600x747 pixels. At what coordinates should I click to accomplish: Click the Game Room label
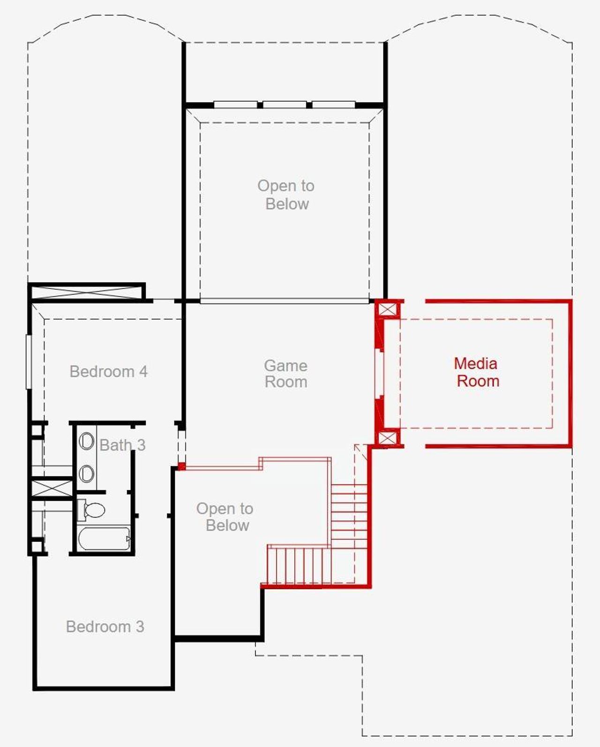(285, 373)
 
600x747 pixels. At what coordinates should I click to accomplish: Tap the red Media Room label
(477, 372)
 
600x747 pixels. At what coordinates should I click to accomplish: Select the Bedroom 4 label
(108, 372)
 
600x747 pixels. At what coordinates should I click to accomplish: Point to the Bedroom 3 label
(105, 626)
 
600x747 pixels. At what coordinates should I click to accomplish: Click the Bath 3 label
(122, 445)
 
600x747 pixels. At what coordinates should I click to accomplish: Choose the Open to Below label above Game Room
(286, 195)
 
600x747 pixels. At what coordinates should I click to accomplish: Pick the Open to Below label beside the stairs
(225, 517)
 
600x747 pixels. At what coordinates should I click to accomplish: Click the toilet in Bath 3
(93, 510)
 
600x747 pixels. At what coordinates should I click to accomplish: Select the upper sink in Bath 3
(86, 441)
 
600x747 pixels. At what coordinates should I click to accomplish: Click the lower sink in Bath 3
(86, 473)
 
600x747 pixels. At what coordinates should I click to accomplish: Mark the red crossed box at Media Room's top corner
(387, 310)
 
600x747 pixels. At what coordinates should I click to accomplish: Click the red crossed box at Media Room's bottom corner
(387, 438)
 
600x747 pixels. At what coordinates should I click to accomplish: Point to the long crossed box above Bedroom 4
(87, 292)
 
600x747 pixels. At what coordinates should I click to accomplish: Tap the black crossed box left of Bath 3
(52, 488)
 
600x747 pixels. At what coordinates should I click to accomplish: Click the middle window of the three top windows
(285, 104)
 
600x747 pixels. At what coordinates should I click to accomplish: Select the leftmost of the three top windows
(235, 104)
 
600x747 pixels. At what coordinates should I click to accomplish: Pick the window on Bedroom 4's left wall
(28, 361)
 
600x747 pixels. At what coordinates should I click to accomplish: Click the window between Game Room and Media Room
(379, 373)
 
